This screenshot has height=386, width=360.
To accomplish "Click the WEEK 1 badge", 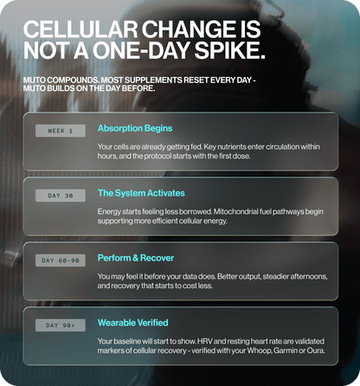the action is [x=61, y=131].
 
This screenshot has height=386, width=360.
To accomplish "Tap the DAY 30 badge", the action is [x=61, y=196].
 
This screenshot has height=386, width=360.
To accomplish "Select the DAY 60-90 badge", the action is [x=61, y=261].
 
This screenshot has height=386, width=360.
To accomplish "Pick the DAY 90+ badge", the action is [x=61, y=325].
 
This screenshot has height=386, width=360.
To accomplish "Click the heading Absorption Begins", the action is [x=135, y=128].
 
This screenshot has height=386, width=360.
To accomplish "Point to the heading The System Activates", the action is [x=141, y=193].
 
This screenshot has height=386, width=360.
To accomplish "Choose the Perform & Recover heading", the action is [x=136, y=258].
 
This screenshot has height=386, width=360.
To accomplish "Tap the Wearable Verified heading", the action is [x=132, y=323].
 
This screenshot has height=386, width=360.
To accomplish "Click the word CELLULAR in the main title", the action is [x=80, y=29].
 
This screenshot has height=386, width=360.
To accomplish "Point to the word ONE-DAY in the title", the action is [x=141, y=51].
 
